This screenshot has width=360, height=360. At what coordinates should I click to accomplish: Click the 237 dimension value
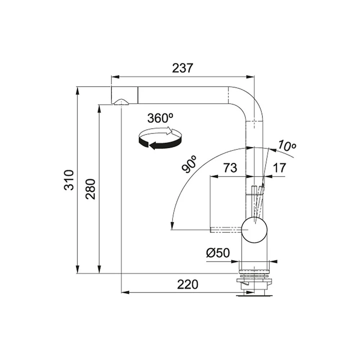(183, 68)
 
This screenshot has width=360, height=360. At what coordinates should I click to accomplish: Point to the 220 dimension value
(187, 284)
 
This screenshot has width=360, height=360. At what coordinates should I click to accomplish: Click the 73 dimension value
(230, 168)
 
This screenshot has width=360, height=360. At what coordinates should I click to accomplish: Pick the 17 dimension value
(279, 168)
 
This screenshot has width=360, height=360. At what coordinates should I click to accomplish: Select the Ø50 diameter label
(218, 253)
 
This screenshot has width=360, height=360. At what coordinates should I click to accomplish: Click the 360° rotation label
(160, 118)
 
